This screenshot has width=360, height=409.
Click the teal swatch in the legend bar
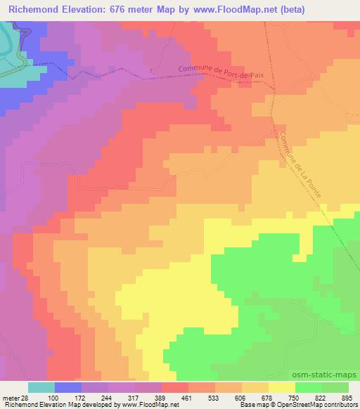[x=41, y=388]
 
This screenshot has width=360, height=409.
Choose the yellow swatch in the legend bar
[x=281, y=388]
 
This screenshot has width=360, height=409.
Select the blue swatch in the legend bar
[x=68, y=388]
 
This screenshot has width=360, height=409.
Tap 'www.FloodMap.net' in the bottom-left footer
[x=150, y=405]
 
